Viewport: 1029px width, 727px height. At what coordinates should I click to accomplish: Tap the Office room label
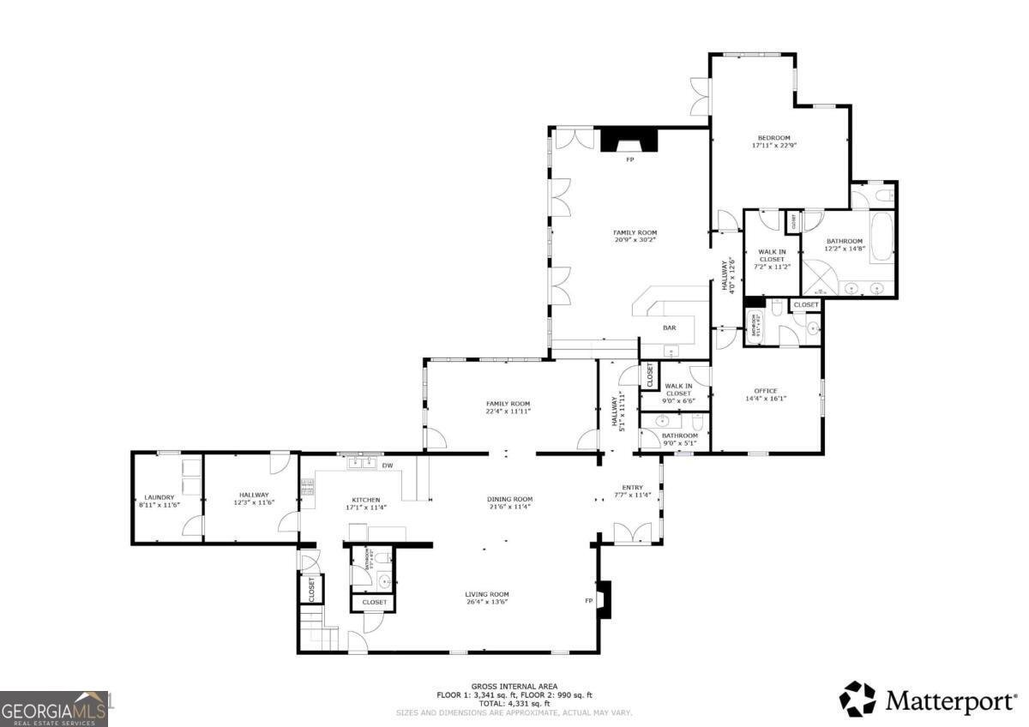coord(766,390)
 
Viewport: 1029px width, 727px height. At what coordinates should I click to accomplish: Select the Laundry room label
coord(159,496)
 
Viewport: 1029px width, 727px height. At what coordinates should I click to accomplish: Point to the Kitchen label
coord(365,500)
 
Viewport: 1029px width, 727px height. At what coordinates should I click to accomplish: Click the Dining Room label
coord(510,499)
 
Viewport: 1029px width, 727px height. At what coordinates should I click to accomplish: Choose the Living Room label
coord(487,594)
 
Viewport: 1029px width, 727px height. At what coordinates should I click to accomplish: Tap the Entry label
coord(632,487)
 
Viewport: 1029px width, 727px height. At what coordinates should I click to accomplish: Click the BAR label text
coord(669,327)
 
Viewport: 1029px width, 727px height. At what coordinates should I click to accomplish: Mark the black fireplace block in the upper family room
coord(629,140)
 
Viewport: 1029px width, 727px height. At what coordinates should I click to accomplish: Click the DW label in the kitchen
coord(387,466)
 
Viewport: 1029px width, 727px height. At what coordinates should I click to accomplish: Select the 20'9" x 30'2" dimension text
coord(635,241)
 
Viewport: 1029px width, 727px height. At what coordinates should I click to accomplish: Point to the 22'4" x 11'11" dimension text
coord(508,412)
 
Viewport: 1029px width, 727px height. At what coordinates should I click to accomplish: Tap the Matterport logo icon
coord(857,699)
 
